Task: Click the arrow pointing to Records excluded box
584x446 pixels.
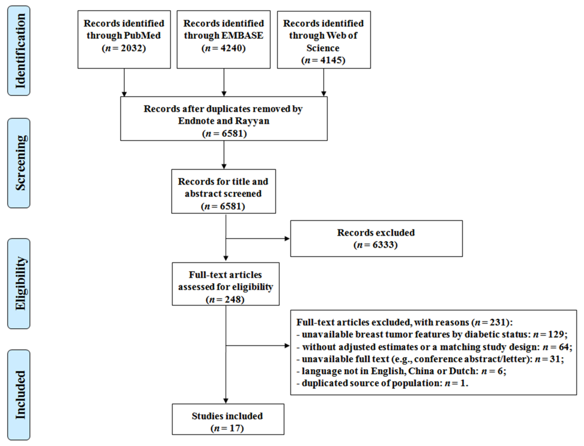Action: click(258, 238)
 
